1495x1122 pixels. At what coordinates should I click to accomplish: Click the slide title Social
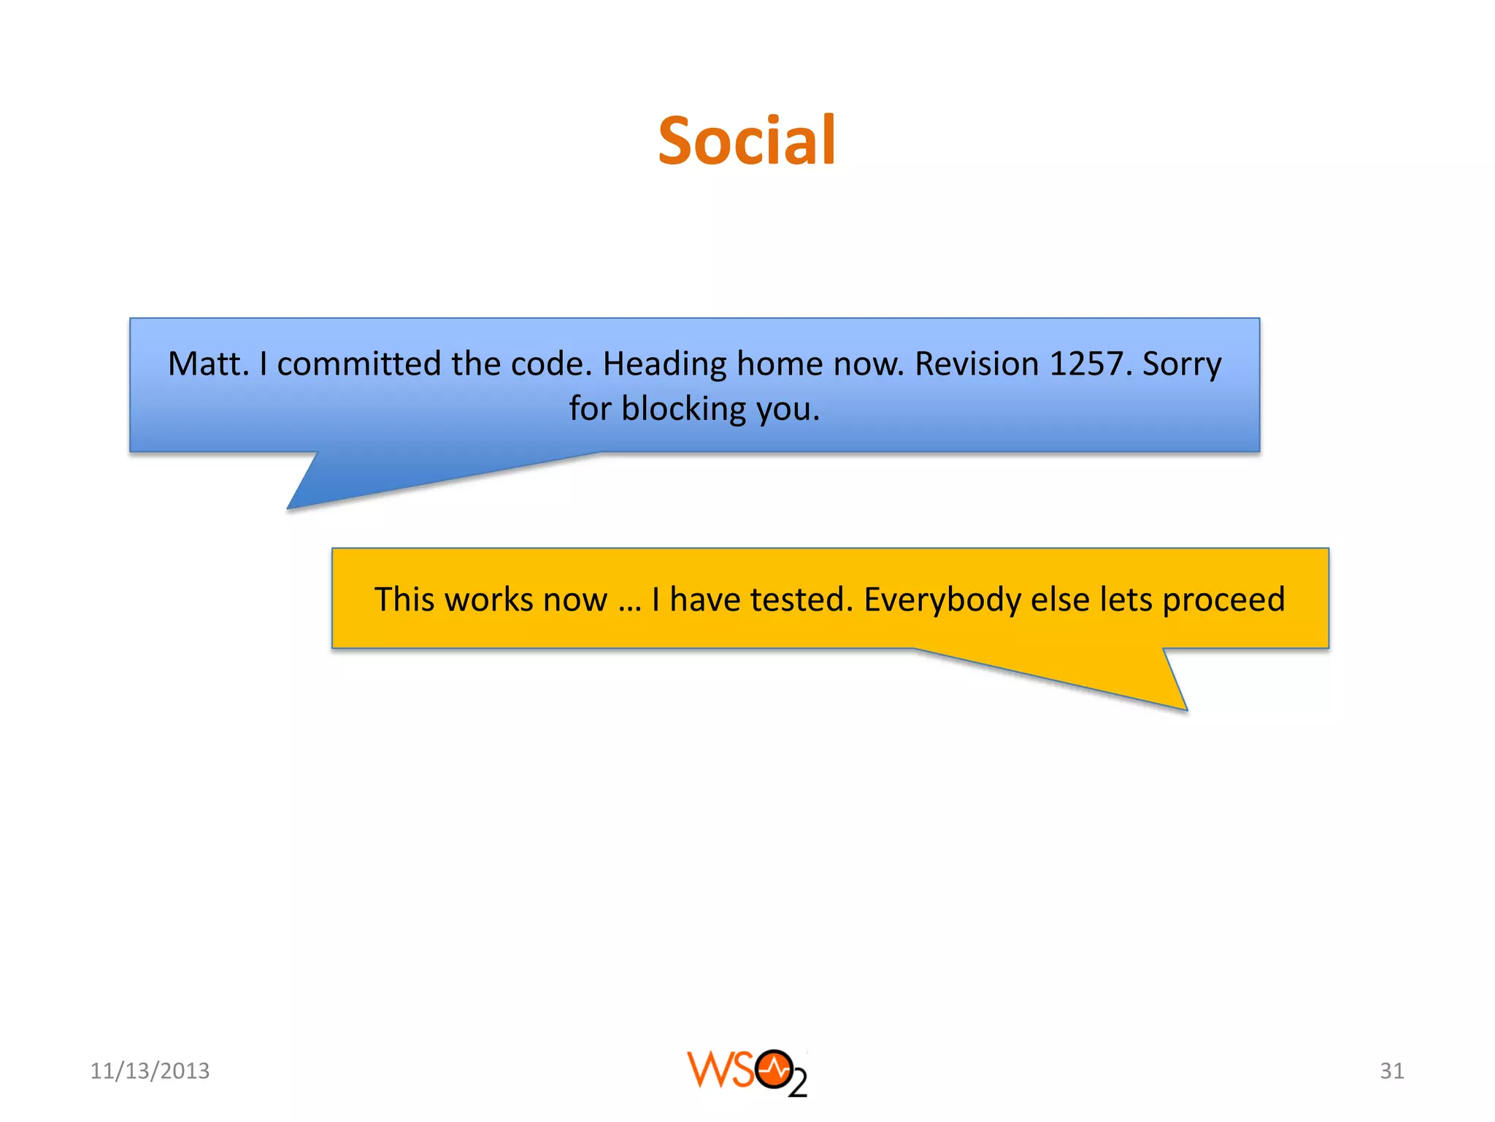click(x=747, y=140)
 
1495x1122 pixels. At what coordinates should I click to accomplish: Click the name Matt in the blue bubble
click(x=207, y=364)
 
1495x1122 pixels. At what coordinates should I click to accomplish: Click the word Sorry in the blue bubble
click(x=1181, y=364)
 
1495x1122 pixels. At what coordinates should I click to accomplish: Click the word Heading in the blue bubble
click(x=664, y=364)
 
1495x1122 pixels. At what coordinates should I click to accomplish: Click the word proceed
click(x=1223, y=600)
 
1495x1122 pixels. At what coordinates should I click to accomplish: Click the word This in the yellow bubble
click(x=404, y=600)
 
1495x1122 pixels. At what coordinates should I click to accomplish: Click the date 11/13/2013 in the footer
click(x=150, y=1071)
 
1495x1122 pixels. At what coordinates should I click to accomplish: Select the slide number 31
click(x=1391, y=1071)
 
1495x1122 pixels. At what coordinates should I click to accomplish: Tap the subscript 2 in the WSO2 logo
click(x=798, y=1083)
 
